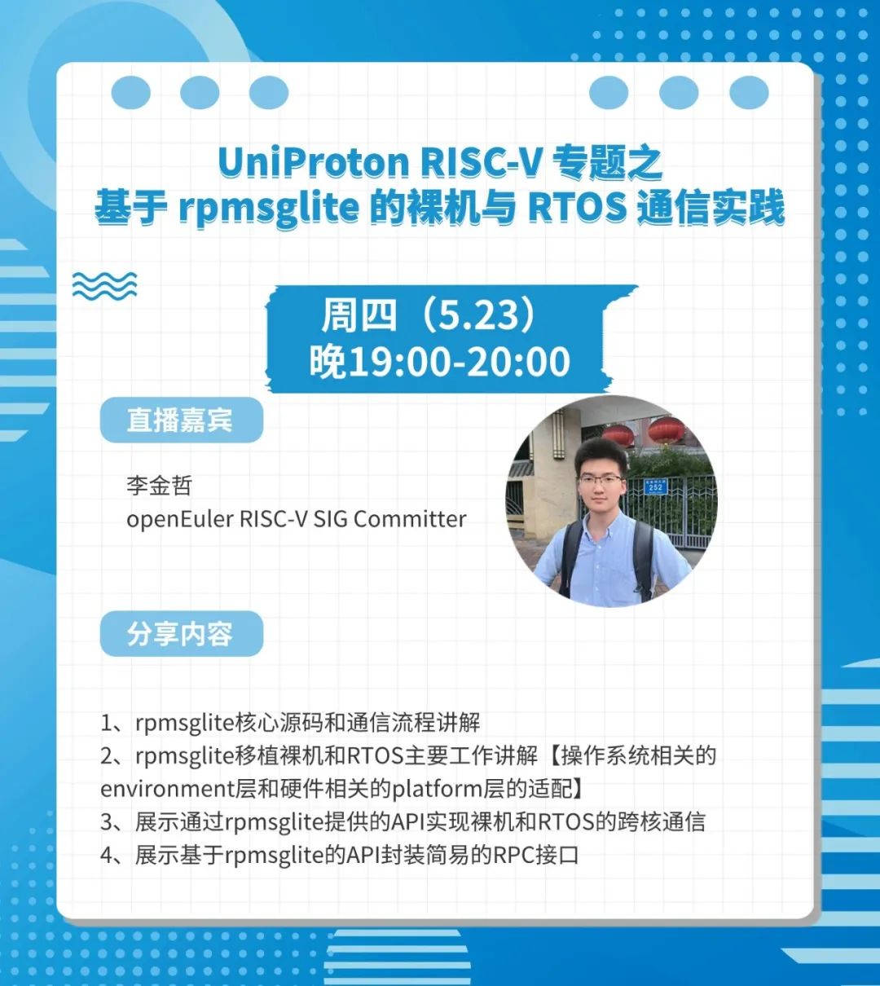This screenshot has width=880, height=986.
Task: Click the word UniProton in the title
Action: pyautogui.click(x=314, y=162)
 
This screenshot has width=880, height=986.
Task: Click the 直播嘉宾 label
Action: pyautogui.click(x=180, y=420)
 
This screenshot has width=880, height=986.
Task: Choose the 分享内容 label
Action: pyautogui.click(x=180, y=633)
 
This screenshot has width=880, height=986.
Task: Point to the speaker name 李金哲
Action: pyautogui.click(x=160, y=486)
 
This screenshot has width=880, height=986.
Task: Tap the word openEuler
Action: pyautogui.click(x=179, y=519)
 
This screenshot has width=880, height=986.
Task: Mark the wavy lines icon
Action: pyautogui.click(x=104, y=284)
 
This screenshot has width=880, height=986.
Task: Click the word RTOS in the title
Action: pyautogui.click(x=578, y=209)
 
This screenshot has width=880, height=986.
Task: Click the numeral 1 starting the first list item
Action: pyautogui.click(x=106, y=723)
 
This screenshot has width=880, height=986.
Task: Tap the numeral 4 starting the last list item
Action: pyautogui.click(x=107, y=855)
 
